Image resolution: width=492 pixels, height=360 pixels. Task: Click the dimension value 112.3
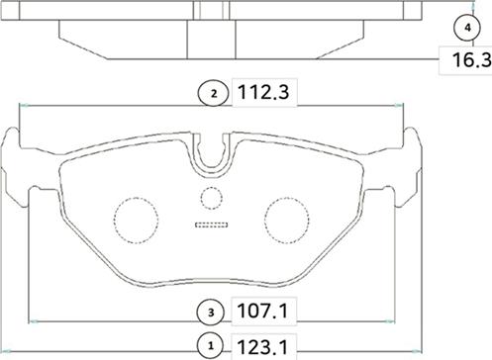click(x=263, y=92)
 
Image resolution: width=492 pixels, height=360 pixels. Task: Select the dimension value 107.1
click(x=263, y=311)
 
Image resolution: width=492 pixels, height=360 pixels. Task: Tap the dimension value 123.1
click(x=263, y=346)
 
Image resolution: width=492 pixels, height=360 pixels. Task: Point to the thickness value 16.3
click(x=471, y=60)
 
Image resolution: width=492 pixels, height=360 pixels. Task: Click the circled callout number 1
click(x=211, y=346)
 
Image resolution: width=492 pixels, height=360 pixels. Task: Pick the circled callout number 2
click(x=214, y=94)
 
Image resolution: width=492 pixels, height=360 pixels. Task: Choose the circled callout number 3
click(x=211, y=312)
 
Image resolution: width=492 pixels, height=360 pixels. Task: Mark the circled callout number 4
click(x=467, y=28)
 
